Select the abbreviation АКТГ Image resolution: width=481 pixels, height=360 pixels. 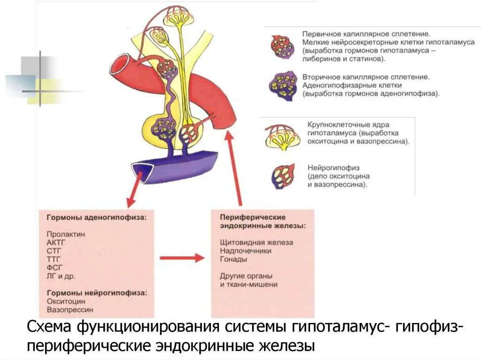tap(55, 242)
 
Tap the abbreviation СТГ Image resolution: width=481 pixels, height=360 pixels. tap(54, 251)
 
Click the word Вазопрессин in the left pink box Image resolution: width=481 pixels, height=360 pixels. tap(70, 309)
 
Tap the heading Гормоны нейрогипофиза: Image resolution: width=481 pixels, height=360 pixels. tap(96, 292)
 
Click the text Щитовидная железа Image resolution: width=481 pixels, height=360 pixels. tap(256, 243)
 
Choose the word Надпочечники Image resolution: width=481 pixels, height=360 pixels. tap(245, 251)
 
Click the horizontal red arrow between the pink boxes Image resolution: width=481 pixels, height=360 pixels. tap(182, 258)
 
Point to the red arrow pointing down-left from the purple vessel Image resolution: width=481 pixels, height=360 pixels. tap(134, 191)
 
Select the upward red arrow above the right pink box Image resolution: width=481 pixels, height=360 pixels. tap(234, 169)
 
